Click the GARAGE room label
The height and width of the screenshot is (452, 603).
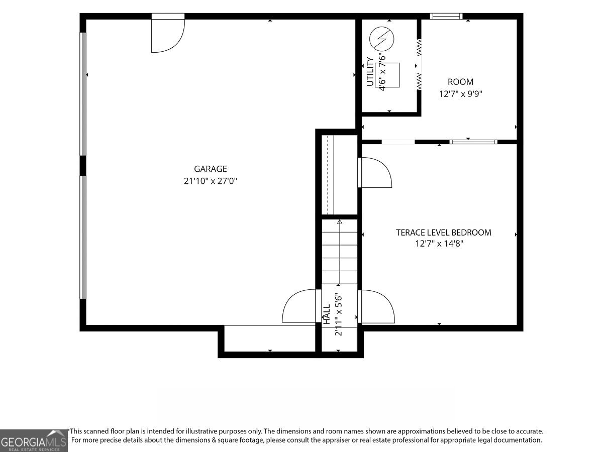click(211, 169)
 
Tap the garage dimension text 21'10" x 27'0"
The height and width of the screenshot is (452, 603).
click(211, 181)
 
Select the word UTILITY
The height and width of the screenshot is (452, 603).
click(370, 72)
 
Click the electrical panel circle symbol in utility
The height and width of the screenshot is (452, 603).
click(381, 39)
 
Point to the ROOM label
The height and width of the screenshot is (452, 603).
click(460, 82)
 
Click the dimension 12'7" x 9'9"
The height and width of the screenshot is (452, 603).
click(460, 94)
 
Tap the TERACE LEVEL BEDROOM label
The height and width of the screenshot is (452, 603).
click(443, 233)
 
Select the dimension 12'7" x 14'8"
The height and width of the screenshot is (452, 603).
click(439, 244)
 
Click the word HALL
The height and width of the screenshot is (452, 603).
click(326, 314)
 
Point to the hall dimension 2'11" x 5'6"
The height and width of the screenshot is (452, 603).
click(338, 315)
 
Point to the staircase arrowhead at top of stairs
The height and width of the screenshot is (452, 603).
click(340, 222)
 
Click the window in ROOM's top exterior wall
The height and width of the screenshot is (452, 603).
click(446, 16)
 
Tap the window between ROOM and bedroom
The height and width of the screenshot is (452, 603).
click(473, 142)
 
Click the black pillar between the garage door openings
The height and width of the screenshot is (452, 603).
click(83, 166)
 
